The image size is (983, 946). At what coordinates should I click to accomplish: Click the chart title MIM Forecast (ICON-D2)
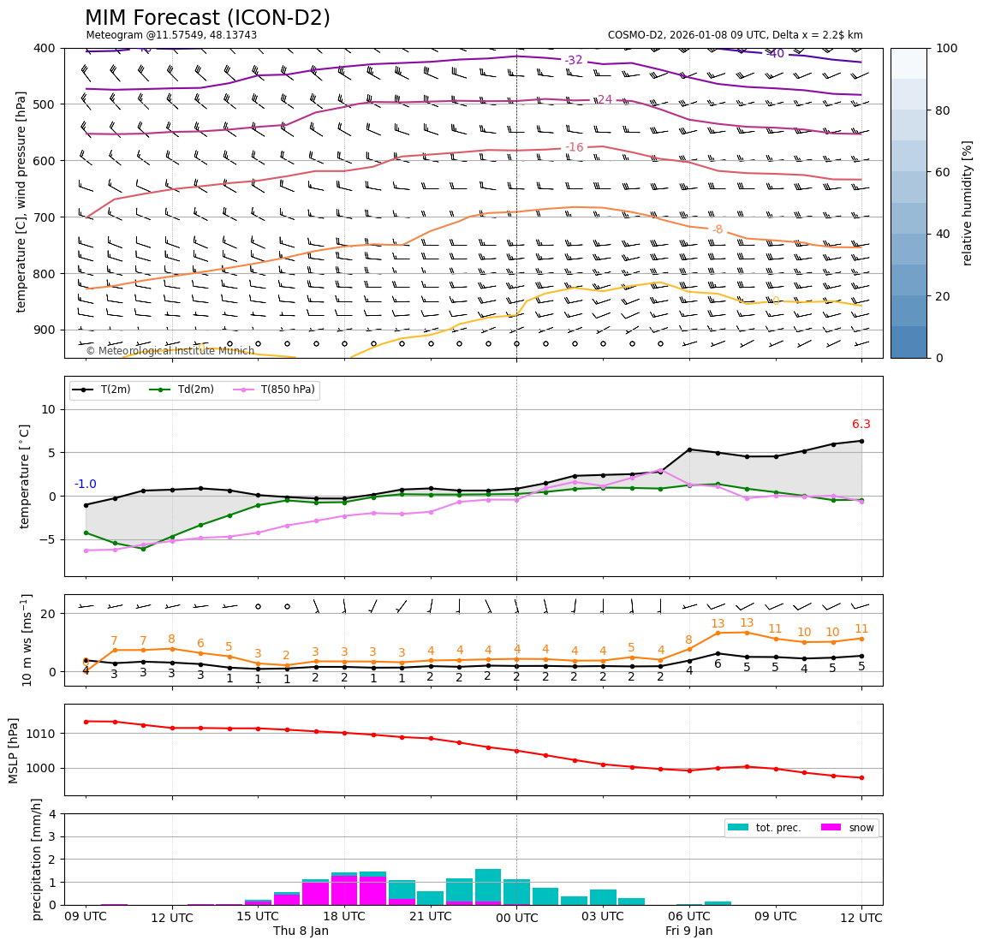[x=207, y=18]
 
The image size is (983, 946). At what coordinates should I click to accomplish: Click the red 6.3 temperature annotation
[x=861, y=425]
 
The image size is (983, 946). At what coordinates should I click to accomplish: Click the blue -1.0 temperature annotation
[x=86, y=485]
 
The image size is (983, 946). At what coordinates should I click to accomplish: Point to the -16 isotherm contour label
[x=574, y=148]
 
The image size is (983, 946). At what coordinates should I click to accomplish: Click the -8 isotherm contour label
[x=718, y=229]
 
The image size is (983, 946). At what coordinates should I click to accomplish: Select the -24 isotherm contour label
[x=604, y=100]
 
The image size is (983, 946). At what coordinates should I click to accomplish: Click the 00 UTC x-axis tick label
[x=516, y=918]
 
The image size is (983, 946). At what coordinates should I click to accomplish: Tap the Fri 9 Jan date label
[x=688, y=931]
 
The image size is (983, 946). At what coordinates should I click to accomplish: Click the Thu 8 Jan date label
[x=301, y=931]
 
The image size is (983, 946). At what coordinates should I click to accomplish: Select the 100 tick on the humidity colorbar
[x=947, y=48]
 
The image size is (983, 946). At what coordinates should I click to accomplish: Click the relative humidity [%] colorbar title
[x=968, y=203]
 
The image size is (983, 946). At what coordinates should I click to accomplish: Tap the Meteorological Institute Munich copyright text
[x=170, y=351]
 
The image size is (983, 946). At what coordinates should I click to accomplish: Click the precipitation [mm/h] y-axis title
[x=37, y=859]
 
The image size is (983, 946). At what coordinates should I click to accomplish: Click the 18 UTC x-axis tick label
[x=344, y=917]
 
